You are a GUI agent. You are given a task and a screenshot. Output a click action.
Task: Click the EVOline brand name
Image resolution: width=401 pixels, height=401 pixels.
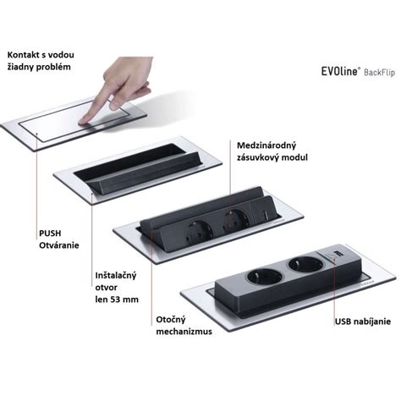340,71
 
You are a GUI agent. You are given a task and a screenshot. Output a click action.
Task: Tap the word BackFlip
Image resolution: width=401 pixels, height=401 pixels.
379,72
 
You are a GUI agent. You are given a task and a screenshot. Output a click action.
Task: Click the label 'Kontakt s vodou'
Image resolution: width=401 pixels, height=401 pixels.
41,55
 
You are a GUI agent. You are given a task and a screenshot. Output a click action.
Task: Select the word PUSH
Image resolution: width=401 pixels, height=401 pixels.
50,233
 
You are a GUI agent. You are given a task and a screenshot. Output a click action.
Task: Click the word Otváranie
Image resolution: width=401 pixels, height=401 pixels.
59,245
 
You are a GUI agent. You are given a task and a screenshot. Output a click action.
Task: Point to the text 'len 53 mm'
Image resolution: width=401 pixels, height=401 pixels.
117,299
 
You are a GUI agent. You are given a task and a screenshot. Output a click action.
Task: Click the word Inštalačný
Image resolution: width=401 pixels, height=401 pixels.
116,276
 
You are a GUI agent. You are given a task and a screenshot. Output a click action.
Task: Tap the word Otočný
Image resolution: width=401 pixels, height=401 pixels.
171,320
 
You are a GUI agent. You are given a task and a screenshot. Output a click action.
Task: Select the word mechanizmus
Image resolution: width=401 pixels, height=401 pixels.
184,332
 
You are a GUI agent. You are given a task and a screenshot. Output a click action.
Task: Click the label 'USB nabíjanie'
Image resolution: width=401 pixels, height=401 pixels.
363,321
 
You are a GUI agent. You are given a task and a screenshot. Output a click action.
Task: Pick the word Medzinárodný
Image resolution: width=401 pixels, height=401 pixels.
266,146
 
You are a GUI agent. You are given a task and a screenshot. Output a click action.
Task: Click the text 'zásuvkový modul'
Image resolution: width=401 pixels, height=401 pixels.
272,157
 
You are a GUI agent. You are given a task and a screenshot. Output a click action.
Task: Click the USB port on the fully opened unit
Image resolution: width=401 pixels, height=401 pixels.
337,253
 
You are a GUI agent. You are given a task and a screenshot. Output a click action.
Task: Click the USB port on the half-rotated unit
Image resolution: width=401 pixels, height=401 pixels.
266,215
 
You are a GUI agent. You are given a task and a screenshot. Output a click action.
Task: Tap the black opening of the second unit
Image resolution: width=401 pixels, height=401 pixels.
129,162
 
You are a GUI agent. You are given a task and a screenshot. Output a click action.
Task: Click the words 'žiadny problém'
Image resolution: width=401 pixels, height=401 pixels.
39,67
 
